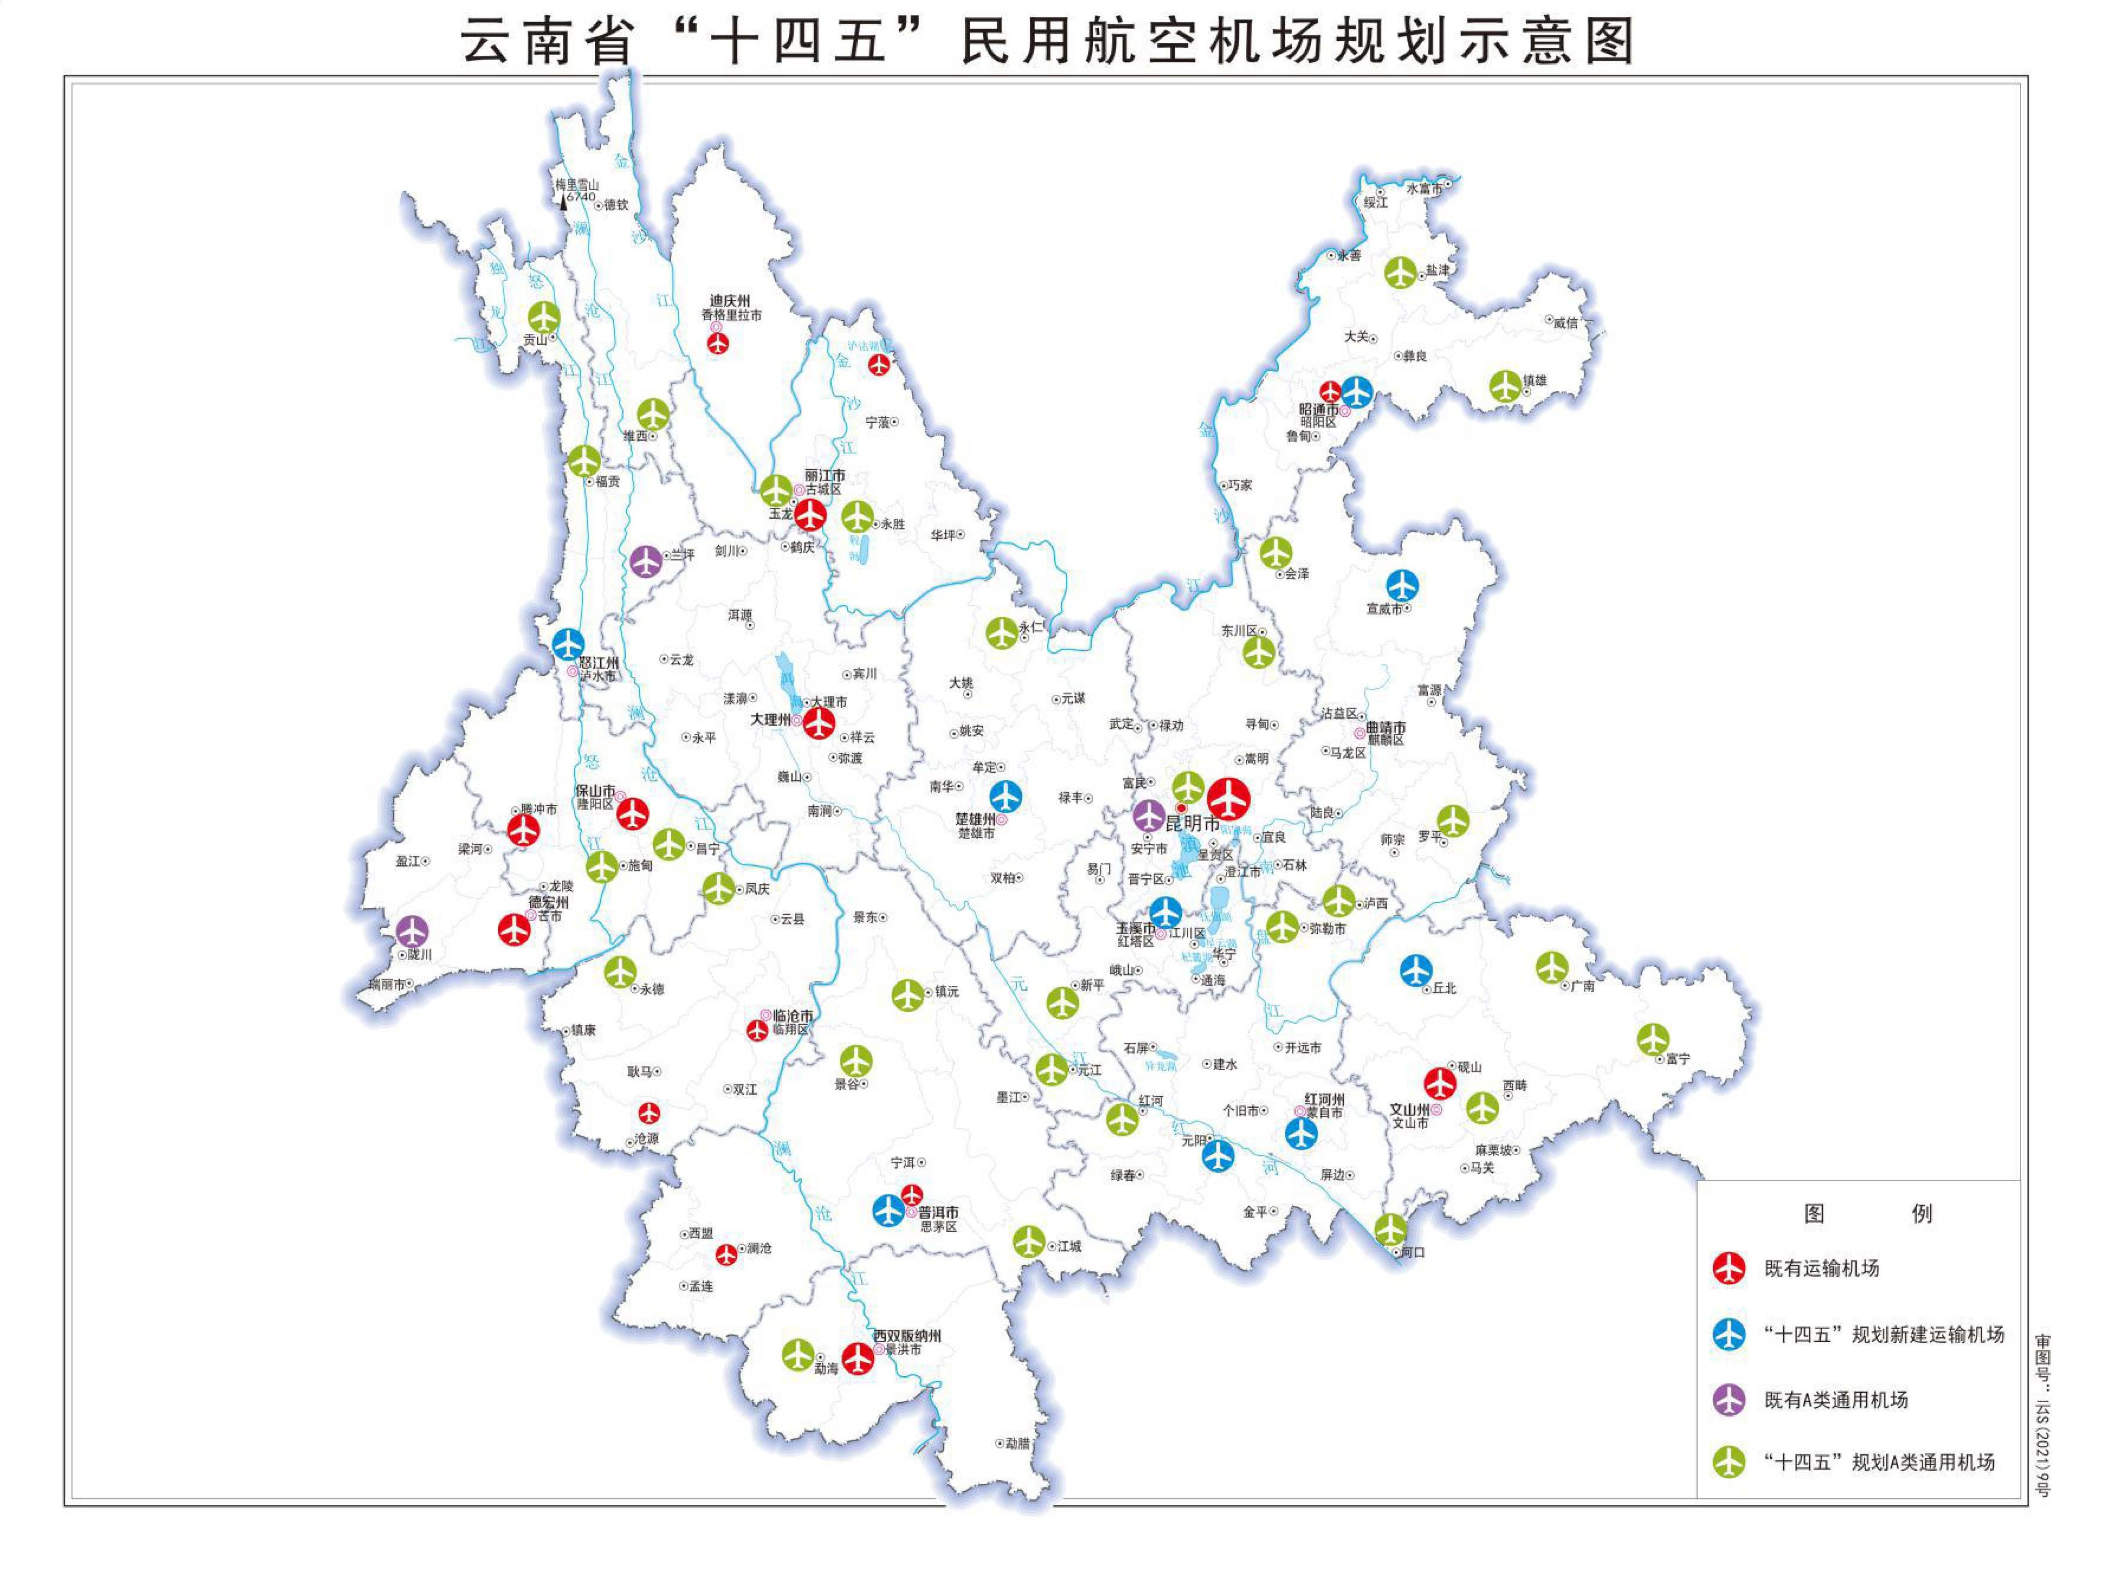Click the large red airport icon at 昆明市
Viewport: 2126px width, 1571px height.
tap(1228, 799)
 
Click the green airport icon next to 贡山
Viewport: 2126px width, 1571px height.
tap(544, 317)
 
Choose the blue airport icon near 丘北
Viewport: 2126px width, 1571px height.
tap(1416, 970)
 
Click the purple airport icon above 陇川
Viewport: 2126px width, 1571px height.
tap(411, 931)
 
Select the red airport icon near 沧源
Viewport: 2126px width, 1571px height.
tap(648, 1113)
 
